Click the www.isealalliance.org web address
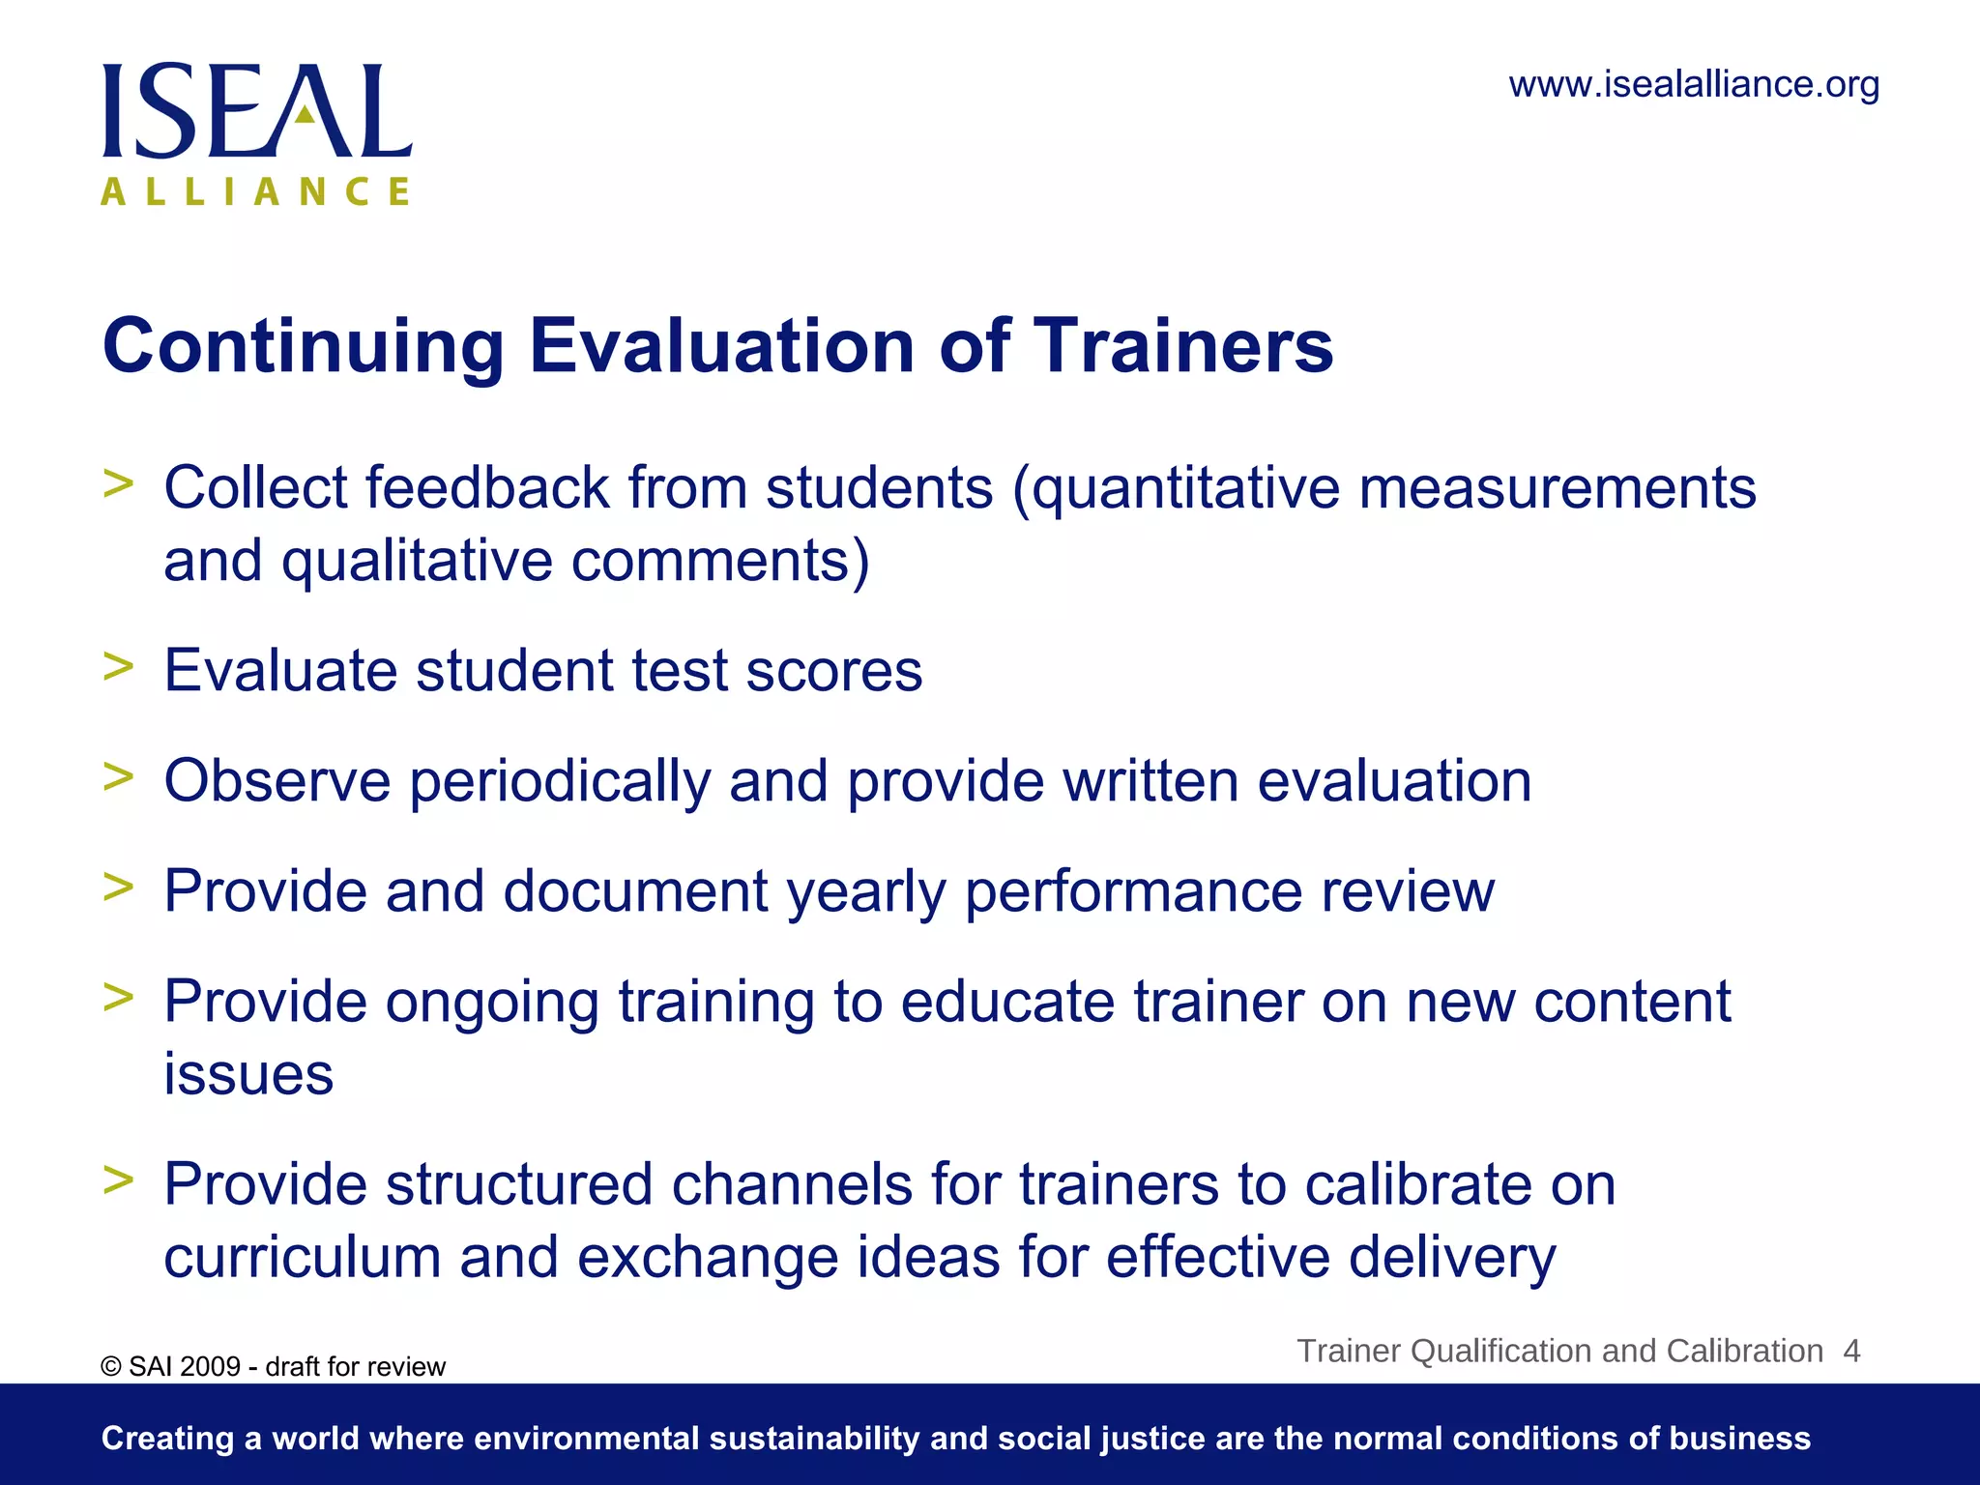coord(1694,85)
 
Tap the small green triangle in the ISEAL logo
coord(306,114)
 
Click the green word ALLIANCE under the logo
coord(256,191)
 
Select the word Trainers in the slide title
coord(1183,345)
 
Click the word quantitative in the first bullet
coord(1185,489)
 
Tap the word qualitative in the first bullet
coord(417,562)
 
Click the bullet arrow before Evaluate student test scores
coord(118,666)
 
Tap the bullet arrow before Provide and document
coord(118,887)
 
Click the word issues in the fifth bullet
coord(248,1074)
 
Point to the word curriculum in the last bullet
coord(302,1258)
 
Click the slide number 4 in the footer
coord(1851,1351)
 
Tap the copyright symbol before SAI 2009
coord(111,1367)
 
